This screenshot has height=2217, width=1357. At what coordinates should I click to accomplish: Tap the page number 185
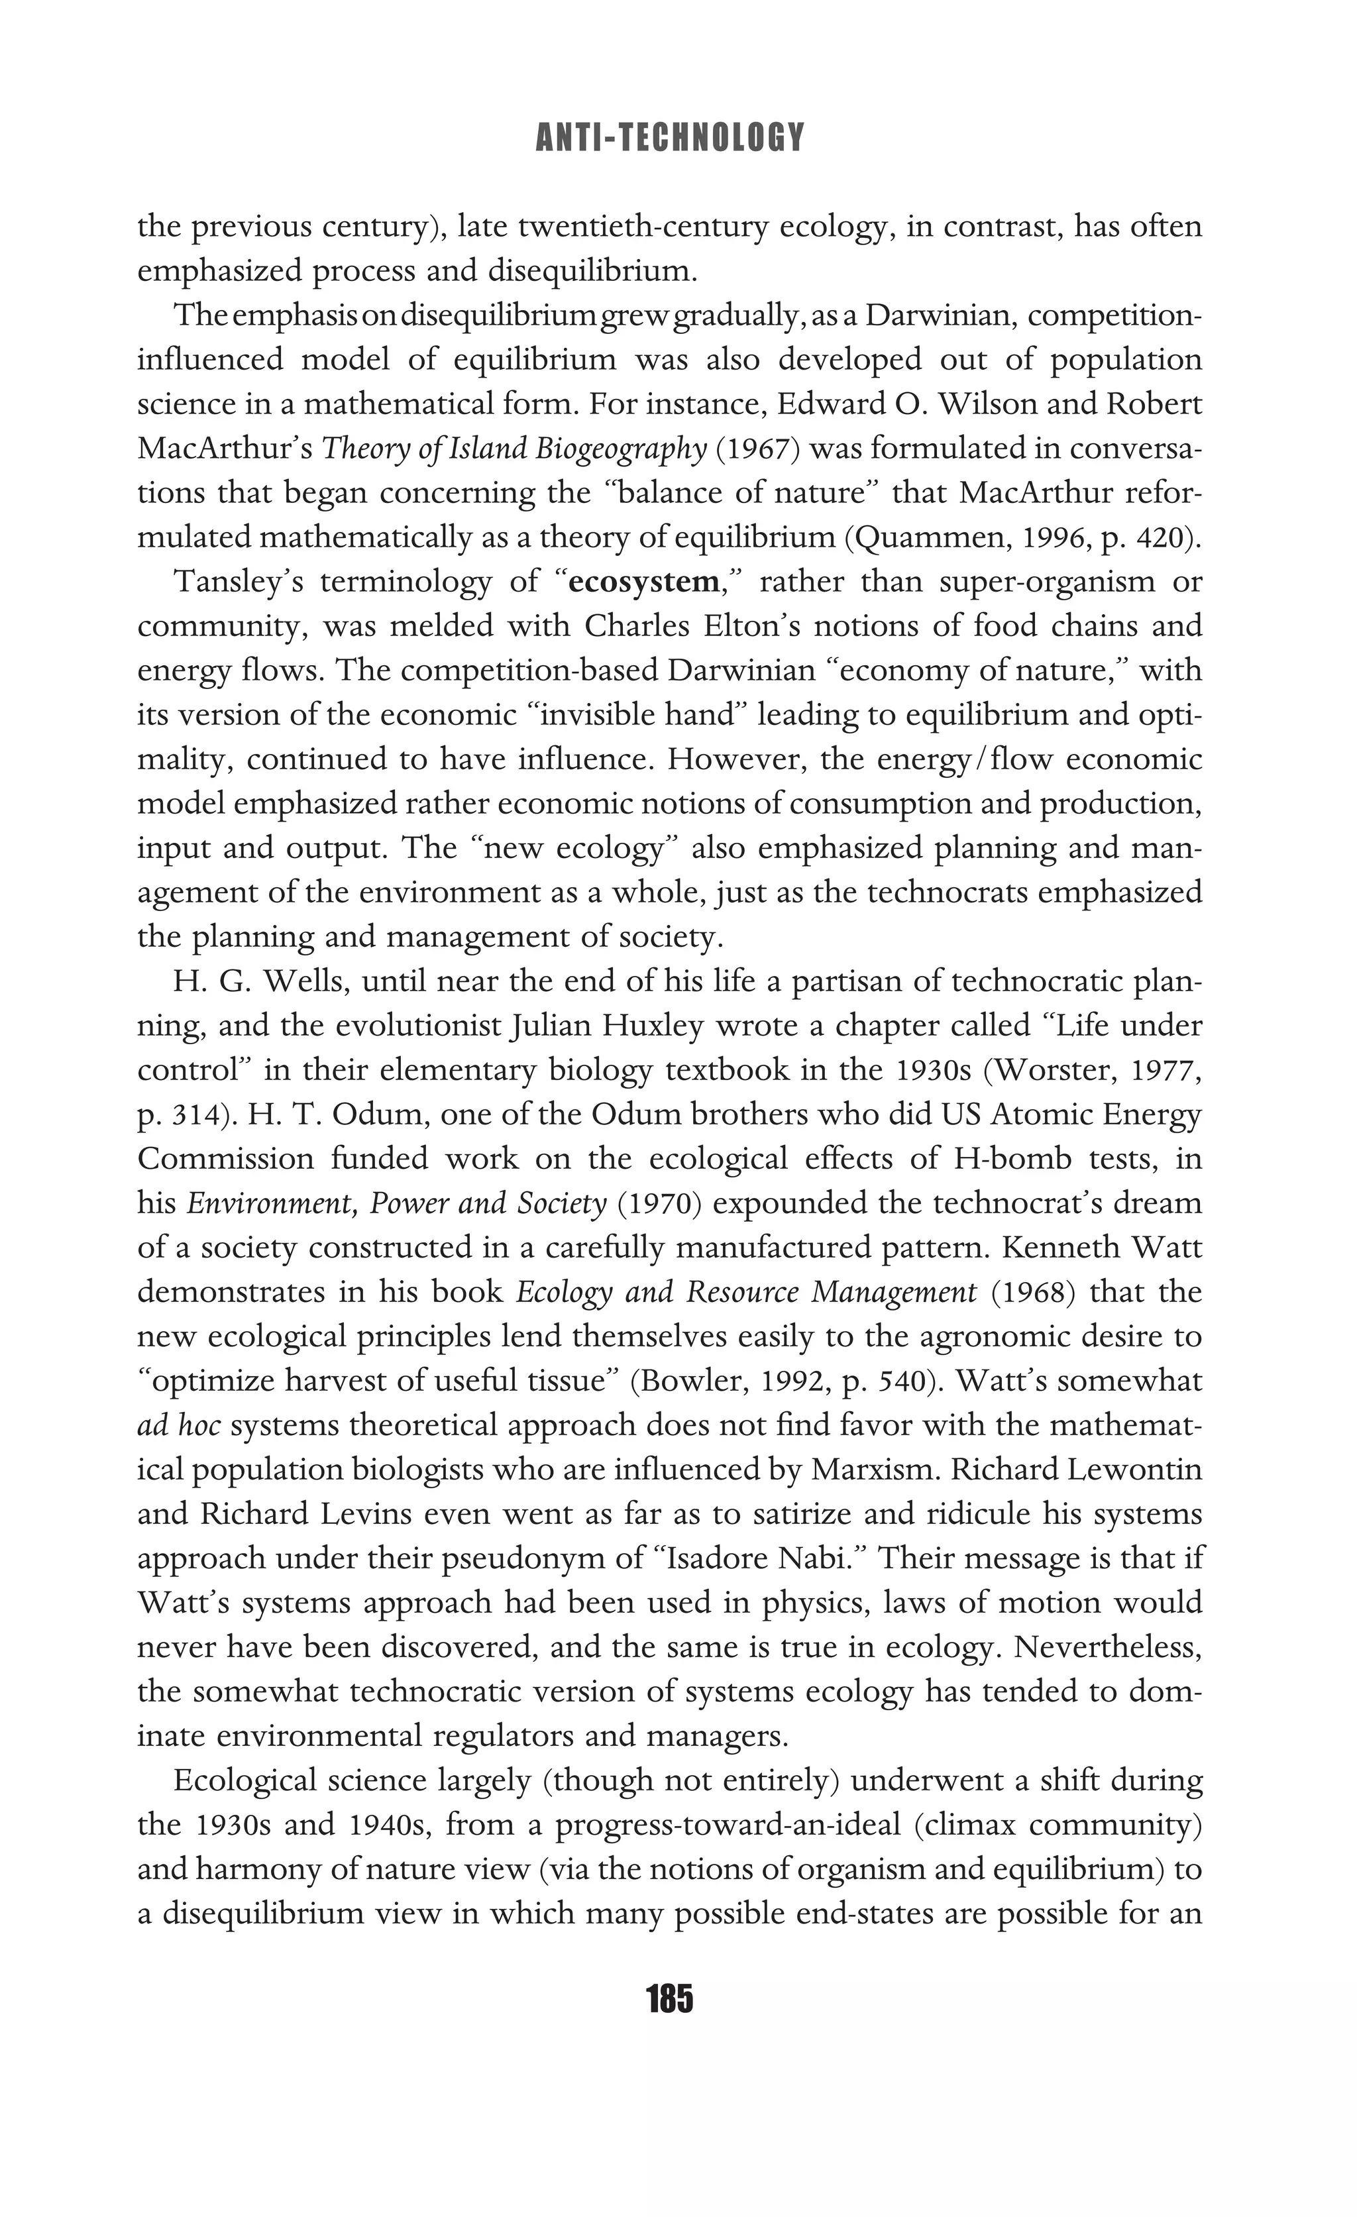(x=669, y=1999)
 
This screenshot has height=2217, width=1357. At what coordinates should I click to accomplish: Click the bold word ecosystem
(x=644, y=583)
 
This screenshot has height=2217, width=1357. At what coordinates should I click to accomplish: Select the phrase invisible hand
(x=643, y=716)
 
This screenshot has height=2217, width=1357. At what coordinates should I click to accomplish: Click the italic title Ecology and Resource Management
(x=746, y=1293)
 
